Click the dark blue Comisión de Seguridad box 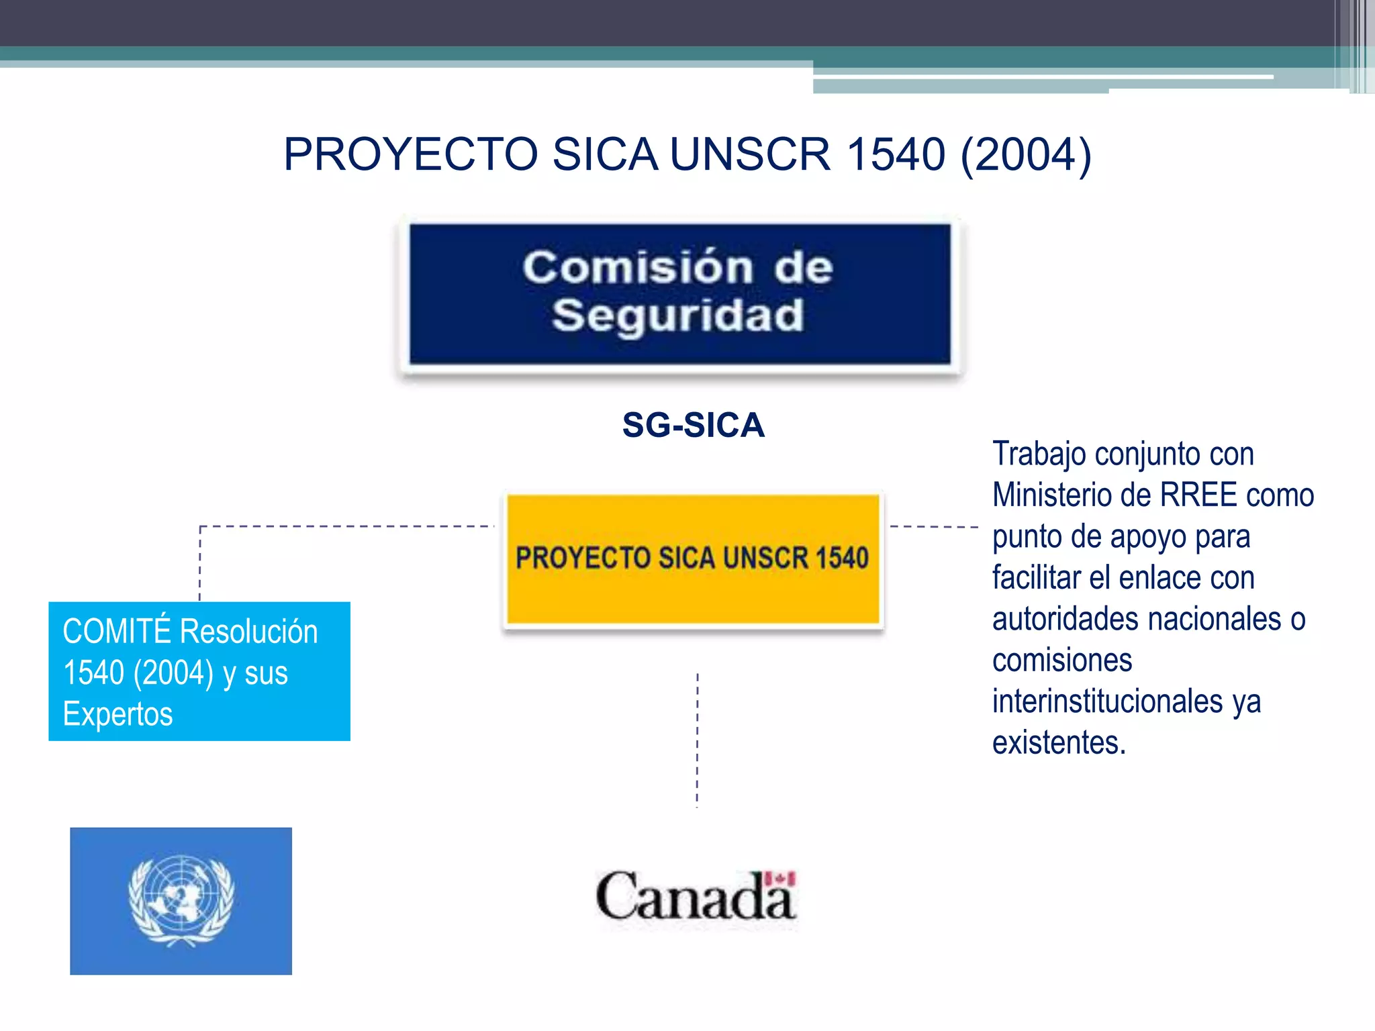679,294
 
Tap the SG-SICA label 693,425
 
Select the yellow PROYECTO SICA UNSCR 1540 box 692,558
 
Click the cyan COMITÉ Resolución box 199,671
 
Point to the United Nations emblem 181,900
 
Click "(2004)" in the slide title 1026,154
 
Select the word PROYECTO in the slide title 410,154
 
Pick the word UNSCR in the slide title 750,154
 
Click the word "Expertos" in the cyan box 118,714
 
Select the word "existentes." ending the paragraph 1059,743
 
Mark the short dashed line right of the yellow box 933,527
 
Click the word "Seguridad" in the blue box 677,315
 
